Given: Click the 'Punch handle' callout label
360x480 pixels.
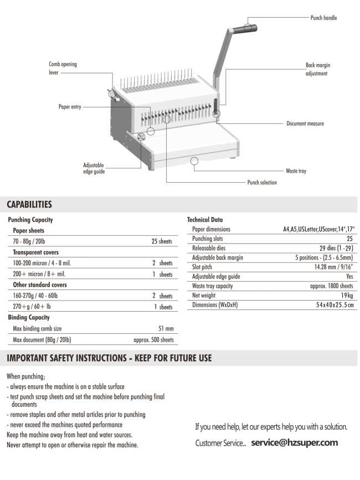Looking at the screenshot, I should click(x=323, y=18).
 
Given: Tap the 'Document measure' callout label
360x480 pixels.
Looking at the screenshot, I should click(x=305, y=123).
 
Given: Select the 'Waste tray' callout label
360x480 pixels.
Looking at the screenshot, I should click(x=296, y=171).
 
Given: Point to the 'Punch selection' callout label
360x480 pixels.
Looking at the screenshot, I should click(x=262, y=182).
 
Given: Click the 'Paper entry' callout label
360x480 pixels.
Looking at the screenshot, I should click(x=70, y=107).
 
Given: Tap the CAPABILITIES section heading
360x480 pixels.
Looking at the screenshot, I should click(x=29, y=205).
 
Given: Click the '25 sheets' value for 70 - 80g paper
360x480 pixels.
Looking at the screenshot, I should click(x=162, y=242).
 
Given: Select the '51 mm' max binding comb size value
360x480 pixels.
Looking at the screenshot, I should click(x=166, y=329).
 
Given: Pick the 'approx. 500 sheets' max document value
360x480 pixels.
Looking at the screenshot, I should click(x=153, y=339).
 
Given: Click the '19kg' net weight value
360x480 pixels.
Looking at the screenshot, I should click(x=346, y=296).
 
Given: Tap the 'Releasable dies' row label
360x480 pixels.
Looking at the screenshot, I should click(x=209, y=248).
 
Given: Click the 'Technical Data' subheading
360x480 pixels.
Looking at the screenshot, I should click(x=205, y=220).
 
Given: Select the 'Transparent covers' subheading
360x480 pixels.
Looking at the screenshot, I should click(x=36, y=252).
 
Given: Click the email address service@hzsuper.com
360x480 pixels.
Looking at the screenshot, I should click(x=294, y=443).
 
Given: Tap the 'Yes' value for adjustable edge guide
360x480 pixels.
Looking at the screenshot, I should click(x=349, y=276).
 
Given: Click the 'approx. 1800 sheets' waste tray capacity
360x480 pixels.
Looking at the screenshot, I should click(x=331, y=286).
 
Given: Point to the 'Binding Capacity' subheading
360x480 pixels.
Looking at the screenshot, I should click(x=29, y=317).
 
